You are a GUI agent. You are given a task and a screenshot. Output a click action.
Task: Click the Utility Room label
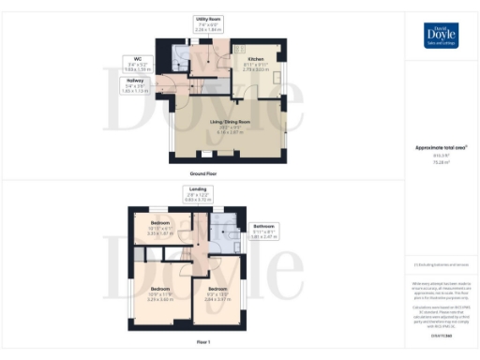(x=207, y=22)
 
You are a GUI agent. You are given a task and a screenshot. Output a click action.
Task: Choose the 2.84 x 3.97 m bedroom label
(x=217, y=298)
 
